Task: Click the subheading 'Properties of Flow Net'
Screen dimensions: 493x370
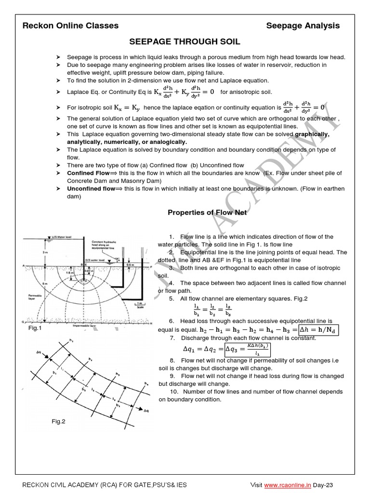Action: (207, 212)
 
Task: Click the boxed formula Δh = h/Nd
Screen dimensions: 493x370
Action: (318, 330)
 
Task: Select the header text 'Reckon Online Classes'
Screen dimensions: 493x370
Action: (70, 26)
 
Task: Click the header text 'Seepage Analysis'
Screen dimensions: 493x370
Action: (303, 26)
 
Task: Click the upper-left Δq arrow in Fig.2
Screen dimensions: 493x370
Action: (45, 355)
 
